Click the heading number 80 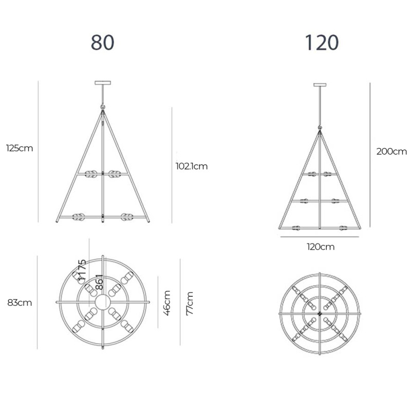click(103, 43)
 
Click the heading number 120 click(322, 43)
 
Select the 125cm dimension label click(20, 148)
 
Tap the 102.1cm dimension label click(191, 166)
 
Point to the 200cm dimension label click(391, 151)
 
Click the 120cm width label click(321, 247)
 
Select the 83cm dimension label click(20, 303)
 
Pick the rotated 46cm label click(166, 303)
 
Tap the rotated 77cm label click(190, 303)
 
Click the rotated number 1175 click(82, 269)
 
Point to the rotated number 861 click(99, 284)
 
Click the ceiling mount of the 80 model click(103, 82)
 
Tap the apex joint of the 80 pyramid click(103, 108)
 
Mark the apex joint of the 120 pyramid click(322, 130)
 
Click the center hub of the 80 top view click(103, 302)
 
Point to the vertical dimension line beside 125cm click(38, 152)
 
